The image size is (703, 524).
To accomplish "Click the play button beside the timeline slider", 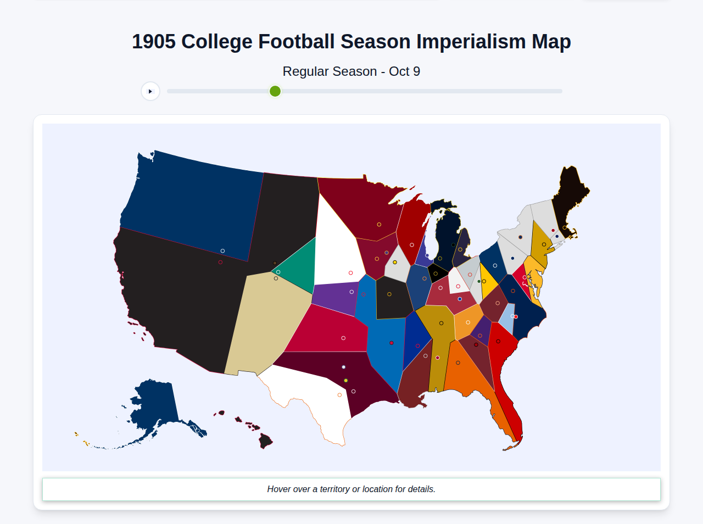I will (150, 91).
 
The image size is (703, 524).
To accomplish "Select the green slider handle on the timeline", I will (275, 91).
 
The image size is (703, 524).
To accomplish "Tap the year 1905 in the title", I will (154, 42).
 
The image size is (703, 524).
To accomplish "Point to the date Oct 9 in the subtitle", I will (404, 71).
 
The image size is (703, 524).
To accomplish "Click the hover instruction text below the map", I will (351, 489).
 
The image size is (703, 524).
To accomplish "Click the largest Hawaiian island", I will (266, 441).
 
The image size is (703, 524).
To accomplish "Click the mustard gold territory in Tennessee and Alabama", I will (437, 341).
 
